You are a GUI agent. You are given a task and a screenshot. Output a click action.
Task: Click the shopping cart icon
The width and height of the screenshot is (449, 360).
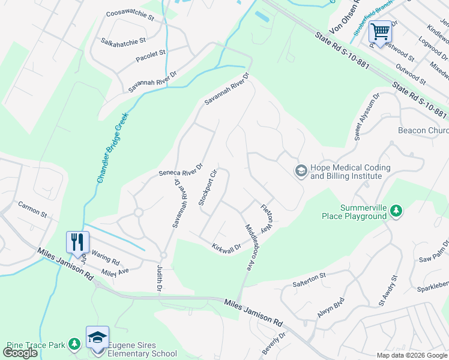[x=379, y=31]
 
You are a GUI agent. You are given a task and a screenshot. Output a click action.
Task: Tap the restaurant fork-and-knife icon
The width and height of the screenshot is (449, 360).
[x=77, y=241]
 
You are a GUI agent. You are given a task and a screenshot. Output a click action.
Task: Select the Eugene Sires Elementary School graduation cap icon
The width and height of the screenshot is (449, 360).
[x=97, y=337]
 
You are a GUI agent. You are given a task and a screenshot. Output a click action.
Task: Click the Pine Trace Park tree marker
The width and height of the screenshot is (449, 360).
[x=73, y=344]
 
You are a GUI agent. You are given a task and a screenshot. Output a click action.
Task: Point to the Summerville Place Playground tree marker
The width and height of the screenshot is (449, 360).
[x=396, y=211]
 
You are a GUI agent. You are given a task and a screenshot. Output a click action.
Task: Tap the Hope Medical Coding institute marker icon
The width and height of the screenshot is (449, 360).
[x=300, y=171]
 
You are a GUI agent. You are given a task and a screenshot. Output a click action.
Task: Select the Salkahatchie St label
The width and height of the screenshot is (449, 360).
[x=124, y=41]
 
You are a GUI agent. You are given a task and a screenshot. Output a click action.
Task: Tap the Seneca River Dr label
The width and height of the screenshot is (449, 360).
[x=181, y=170]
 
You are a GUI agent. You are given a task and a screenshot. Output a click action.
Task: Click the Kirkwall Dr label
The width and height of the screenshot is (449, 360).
[x=226, y=247]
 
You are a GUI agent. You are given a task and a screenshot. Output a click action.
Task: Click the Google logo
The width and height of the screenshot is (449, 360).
[x=20, y=352]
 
